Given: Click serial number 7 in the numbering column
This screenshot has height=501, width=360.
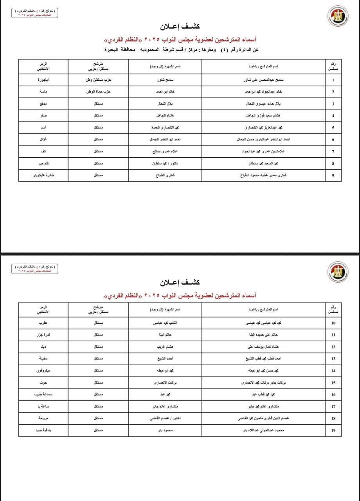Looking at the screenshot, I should coord(333,151).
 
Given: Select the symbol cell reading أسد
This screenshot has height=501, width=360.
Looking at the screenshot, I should coord(43,128).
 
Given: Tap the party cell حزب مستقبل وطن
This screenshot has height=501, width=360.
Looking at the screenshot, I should coord(99,80).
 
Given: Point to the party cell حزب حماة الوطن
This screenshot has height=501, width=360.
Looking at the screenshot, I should coord(99,92).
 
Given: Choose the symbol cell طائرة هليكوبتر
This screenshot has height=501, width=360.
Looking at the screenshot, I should coord(43,175).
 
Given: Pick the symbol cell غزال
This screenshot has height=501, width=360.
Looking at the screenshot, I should coord(43,140).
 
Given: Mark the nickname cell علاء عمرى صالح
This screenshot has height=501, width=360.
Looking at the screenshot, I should coord(165,151).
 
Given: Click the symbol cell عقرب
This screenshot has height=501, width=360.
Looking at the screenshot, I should coord(43,323).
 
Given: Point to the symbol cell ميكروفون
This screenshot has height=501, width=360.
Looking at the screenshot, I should coord(43,371).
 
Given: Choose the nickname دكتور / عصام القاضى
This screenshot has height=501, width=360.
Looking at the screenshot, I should coord(165,418).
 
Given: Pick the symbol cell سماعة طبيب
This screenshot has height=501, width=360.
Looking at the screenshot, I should coord(43,395).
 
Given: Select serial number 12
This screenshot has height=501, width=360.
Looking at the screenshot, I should coord(333,347).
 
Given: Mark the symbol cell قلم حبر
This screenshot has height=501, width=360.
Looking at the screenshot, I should coord(43,164).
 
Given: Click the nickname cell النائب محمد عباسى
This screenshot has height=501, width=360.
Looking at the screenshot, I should coord(165,323).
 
